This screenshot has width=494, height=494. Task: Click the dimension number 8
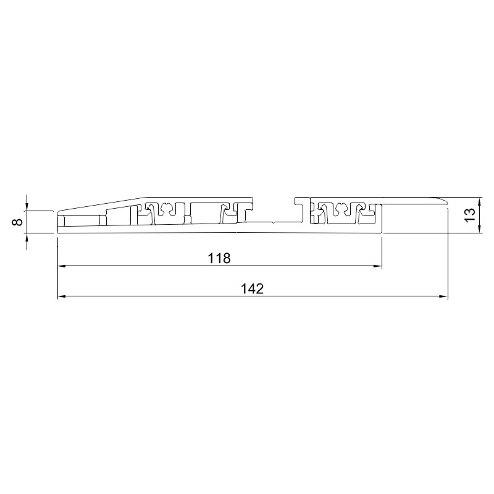click(19, 222)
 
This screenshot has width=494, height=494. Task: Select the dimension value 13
click(470, 215)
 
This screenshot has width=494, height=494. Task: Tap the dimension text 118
click(219, 258)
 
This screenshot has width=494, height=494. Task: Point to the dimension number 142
click(252, 288)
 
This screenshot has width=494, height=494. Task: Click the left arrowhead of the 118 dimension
click(62, 266)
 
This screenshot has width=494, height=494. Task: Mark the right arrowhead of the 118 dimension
click(378, 266)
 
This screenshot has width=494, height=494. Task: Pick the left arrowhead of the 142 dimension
click(62, 296)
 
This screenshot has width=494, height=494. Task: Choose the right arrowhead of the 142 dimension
click(443, 296)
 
